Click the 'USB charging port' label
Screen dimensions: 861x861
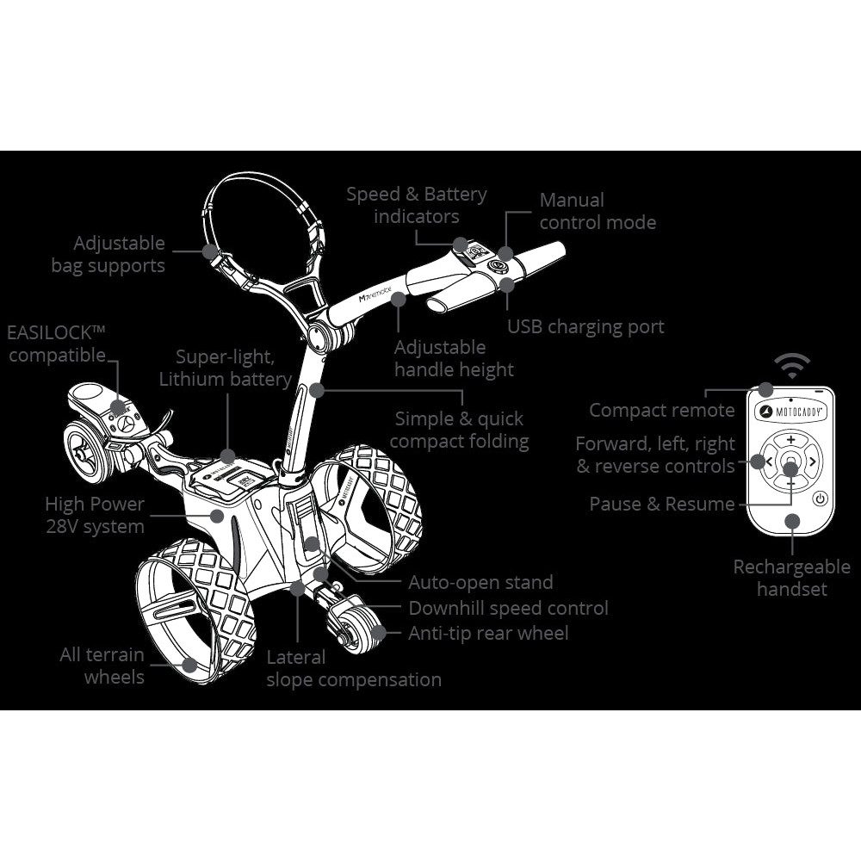point(585,327)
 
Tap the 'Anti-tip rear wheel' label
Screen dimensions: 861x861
point(488,633)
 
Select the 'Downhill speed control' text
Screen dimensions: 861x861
point(509,609)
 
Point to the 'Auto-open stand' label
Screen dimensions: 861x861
point(480,582)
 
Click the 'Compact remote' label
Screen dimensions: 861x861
point(661,410)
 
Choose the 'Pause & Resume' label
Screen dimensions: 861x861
point(661,504)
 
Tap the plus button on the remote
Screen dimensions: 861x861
point(790,440)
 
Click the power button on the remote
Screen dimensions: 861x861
point(820,499)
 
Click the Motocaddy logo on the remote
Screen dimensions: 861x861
point(790,412)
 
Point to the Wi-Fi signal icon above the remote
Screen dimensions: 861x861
point(792,366)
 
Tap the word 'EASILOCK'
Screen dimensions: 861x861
point(49,332)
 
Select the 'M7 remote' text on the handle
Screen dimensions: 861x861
point(375,294)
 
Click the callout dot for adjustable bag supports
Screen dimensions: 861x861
point(210,251)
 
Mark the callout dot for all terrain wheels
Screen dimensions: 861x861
point(189,666)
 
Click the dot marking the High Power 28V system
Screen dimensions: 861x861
point(218,516)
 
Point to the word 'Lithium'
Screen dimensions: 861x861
point(192,380)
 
